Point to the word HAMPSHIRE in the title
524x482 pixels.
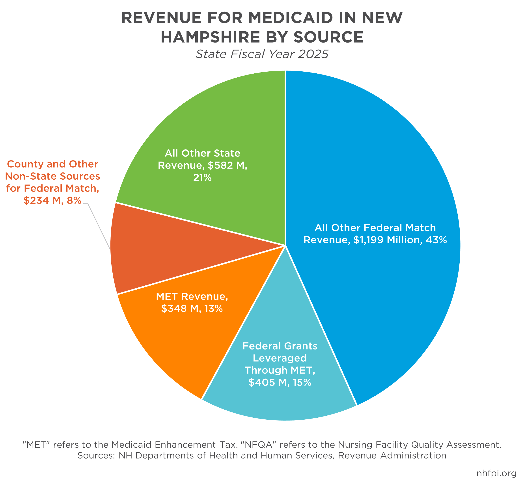[x=210, y=37]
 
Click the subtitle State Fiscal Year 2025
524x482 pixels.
[x=262, y=54]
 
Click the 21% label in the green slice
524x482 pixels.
[x=202, y=178]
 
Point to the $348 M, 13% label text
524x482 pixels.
[x=192, y=309]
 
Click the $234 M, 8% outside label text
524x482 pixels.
[x=52, y=201]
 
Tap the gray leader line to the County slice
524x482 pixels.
[x=99, y=226]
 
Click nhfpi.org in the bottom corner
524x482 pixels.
[x=496, y=473]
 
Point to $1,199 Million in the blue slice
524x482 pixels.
[x=388, y=240]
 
